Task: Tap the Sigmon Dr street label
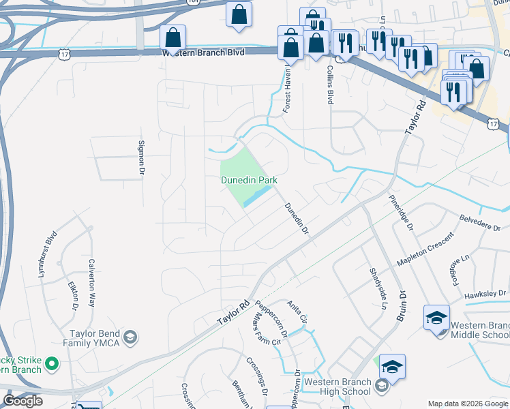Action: point(142,159)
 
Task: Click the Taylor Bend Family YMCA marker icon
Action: point(132,337)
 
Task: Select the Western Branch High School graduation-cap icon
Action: point(392,367)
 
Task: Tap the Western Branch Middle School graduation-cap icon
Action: point(436,318)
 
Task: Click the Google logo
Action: point(22,401)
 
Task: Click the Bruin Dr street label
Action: point(402,311)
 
